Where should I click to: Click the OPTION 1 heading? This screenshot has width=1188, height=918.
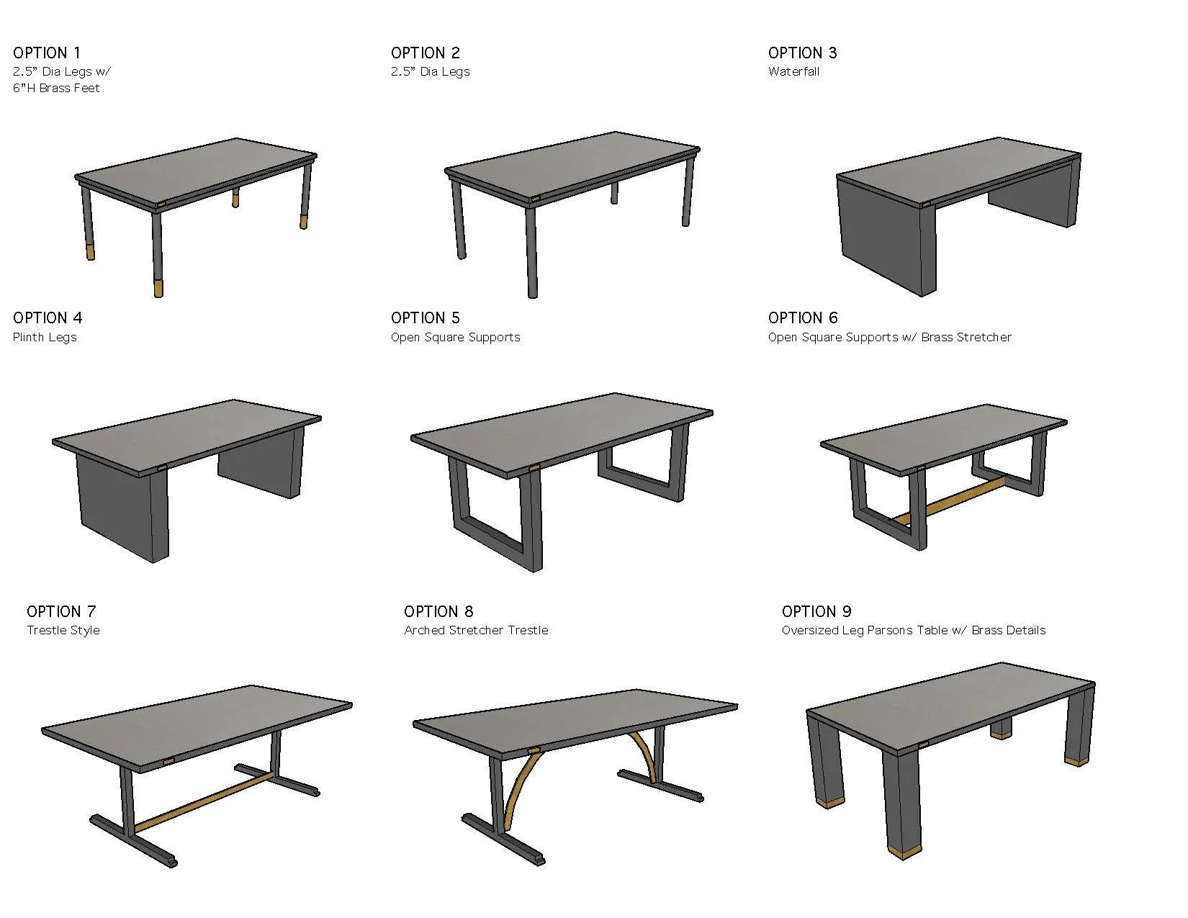tap(47, 53)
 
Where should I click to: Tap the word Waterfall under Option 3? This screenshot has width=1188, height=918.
tap(793, 71)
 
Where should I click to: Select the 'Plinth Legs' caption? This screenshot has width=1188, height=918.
tap(45, 337)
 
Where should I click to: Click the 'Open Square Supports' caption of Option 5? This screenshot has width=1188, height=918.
tap(455, 337)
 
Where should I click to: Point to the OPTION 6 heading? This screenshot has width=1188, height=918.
tap(803, 318)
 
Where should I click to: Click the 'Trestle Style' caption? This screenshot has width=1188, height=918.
tap(63, 630)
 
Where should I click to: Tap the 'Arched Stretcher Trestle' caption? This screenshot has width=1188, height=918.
tap(476, 630)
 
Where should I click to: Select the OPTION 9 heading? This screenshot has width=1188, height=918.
tap(816, 611)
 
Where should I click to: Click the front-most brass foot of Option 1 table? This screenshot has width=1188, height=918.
tap(158, 289)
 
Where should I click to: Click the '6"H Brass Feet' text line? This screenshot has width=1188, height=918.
tap(56, 88)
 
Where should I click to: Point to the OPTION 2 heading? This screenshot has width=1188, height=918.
tap(425, 53)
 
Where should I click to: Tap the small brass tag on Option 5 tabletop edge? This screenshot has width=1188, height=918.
tap(534, 469)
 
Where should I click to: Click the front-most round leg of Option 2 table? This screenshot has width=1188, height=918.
tap(531, 252)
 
